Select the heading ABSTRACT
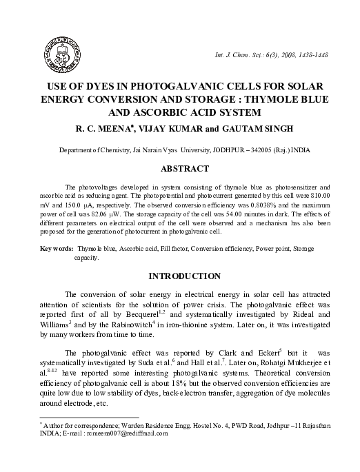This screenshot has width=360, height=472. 179,169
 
